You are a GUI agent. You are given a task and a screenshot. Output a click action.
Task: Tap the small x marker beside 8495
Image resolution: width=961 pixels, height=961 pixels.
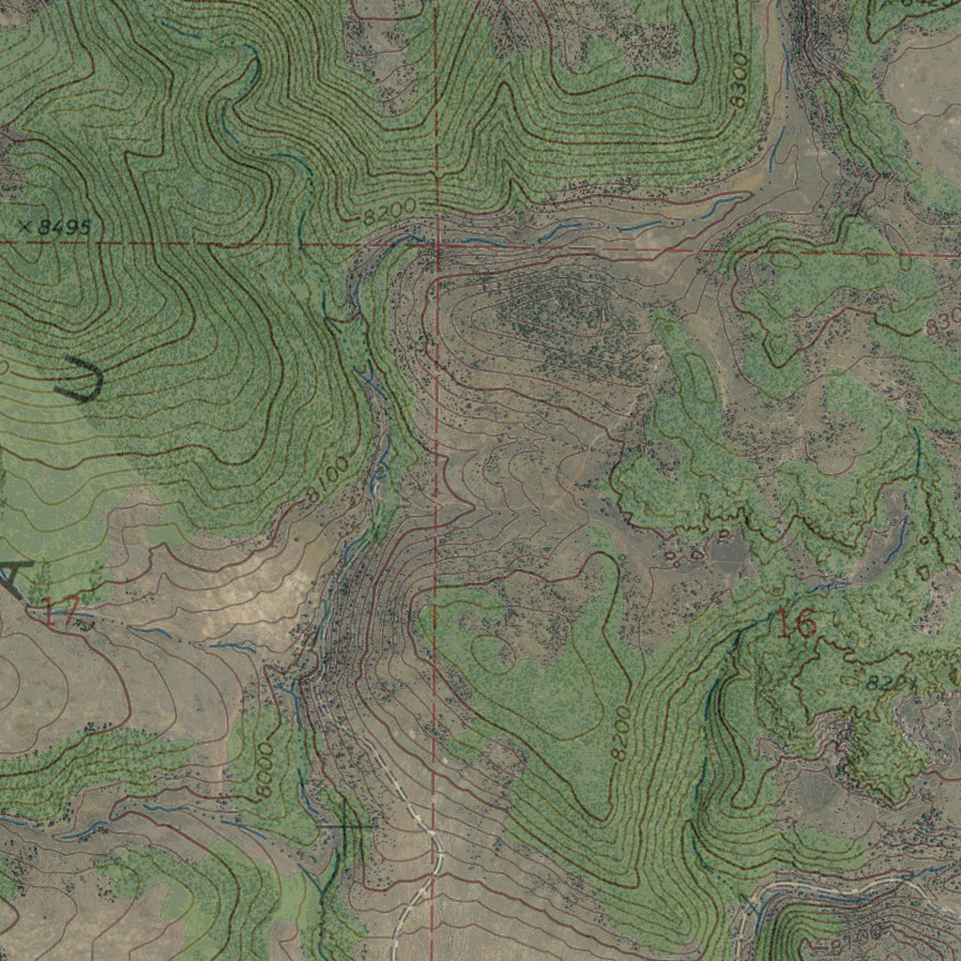(25, 226)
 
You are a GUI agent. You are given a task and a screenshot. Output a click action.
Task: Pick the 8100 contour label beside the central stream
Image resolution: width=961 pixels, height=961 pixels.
(328, 479)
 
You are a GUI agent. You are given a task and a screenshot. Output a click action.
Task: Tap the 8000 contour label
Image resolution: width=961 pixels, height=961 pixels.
(264, 770)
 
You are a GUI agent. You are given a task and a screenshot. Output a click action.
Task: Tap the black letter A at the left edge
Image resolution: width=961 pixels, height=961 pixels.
(13, 577)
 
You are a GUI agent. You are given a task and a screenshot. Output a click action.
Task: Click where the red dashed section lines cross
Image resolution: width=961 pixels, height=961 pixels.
(436, 246)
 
